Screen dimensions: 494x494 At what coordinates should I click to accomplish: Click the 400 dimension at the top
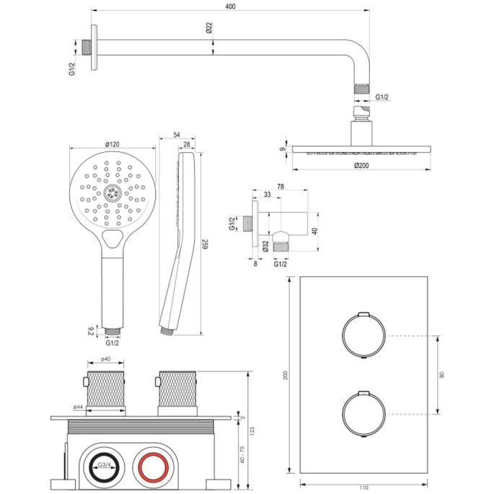tap(229, 7)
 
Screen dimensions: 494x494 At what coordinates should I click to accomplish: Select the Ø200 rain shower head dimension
tap(363, 165)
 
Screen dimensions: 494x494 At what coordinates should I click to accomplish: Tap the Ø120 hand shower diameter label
tap(113, 145)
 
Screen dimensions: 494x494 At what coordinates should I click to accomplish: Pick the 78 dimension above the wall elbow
tap(280, 187)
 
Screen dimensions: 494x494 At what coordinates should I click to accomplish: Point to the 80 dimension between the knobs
tap(441, 375)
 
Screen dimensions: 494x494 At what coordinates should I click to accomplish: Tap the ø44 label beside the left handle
tap(77, 408)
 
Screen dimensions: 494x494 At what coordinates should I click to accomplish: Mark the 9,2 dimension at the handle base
tap(90, 332)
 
